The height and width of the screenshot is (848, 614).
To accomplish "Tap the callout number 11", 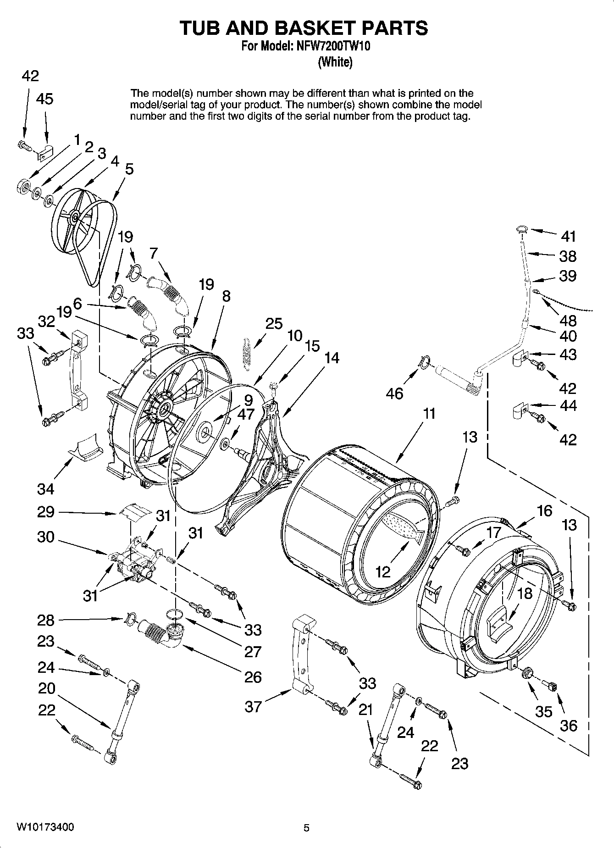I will [429, 414].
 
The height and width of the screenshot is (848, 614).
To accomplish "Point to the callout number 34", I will [46, 489].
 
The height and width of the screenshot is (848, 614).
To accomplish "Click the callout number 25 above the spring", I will [274, 323].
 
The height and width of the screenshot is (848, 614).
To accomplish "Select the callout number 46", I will [394, 393].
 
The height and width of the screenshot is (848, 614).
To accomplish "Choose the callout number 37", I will [253, 707].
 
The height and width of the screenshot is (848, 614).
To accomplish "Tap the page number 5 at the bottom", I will [306, 828].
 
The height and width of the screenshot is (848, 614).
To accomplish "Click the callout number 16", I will [544, 510].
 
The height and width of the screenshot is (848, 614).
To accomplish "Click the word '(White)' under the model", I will [335, 62].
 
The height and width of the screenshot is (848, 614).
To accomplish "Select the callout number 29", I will [46, 512].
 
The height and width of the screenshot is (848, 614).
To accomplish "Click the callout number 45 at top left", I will [44, 99].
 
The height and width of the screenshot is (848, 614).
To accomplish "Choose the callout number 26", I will [253, 677].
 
